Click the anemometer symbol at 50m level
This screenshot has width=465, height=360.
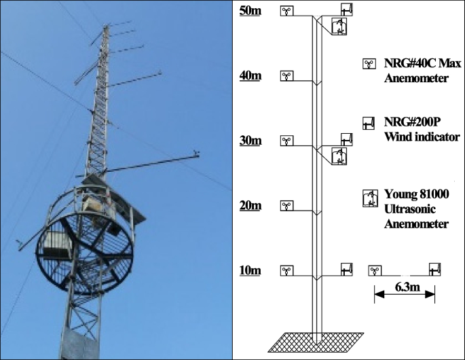click(x=288, y=11)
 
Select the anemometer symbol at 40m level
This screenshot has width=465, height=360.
click(x=288, y=75)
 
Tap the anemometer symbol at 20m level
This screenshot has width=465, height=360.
click(x=288, y=206)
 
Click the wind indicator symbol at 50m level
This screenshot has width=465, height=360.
click(x=347, y=10)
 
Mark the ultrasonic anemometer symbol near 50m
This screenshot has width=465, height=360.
click(x=339, y=26)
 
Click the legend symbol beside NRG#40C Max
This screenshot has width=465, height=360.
click(x=369, y=65)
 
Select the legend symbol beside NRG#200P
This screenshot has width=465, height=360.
click(x=369, y=123)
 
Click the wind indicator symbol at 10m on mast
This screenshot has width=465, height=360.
click(x=347, y=270)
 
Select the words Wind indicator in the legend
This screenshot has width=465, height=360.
click(x=422, y=137)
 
